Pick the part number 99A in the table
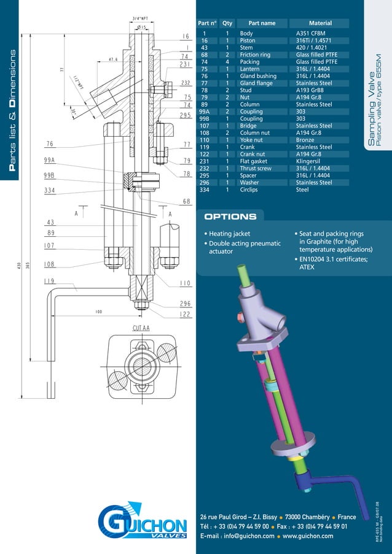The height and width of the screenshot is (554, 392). (205, 112)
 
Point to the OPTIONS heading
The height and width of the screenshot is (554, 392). (230, 217)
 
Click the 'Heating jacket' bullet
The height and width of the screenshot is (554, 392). (229, 234)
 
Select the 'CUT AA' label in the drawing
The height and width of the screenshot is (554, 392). (141, 328)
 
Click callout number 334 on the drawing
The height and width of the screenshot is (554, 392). (50, 191)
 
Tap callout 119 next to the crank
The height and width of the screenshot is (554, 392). (50, 282)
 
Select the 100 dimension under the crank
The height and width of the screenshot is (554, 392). (98, 312)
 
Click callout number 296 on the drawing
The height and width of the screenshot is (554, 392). (185, 303)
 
